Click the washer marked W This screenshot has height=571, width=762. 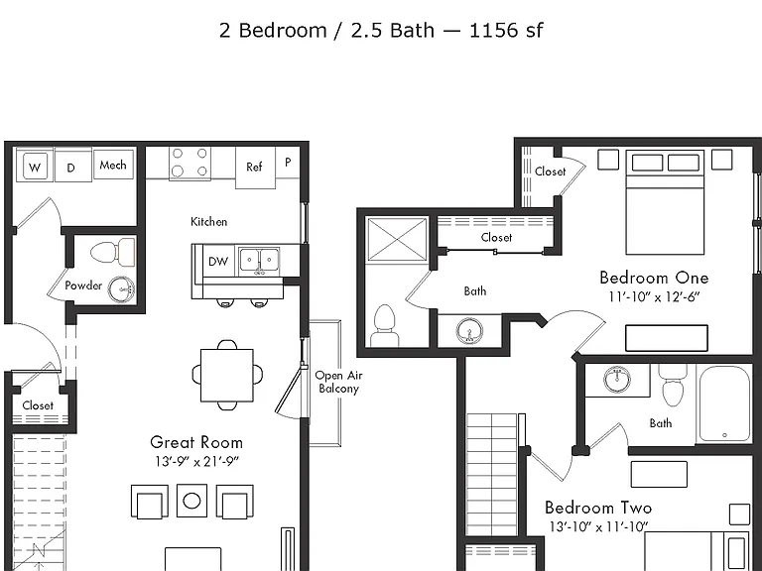coord(34,167)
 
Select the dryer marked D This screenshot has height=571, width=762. coord(72,167)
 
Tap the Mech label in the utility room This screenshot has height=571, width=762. coord(113,166)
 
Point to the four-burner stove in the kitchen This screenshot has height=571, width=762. coord(190,163)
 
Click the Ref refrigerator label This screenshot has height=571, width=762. coord(254,167)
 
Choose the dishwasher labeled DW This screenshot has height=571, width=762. coord(218,262)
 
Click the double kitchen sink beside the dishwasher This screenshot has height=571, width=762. coord(260,261)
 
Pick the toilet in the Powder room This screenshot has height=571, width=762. coord(113,252)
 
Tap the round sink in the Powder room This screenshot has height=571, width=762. coord(120,289)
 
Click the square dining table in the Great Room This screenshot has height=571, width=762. coord(227,375)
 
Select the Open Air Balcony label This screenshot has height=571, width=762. coord(338,382)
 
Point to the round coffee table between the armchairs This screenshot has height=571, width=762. coord(191,501)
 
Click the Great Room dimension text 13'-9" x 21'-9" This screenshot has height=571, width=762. coord(196,461)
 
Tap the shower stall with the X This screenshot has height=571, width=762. coord(397,239)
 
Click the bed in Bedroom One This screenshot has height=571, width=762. coord(666,202)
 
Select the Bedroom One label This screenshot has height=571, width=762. coord(654,278)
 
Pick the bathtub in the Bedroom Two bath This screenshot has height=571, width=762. coord(723,403)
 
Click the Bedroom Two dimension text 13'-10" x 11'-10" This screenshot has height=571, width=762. coord(599,526)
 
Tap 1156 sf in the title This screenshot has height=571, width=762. coord(506,31)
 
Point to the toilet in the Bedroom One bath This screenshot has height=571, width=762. coord(385,325)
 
